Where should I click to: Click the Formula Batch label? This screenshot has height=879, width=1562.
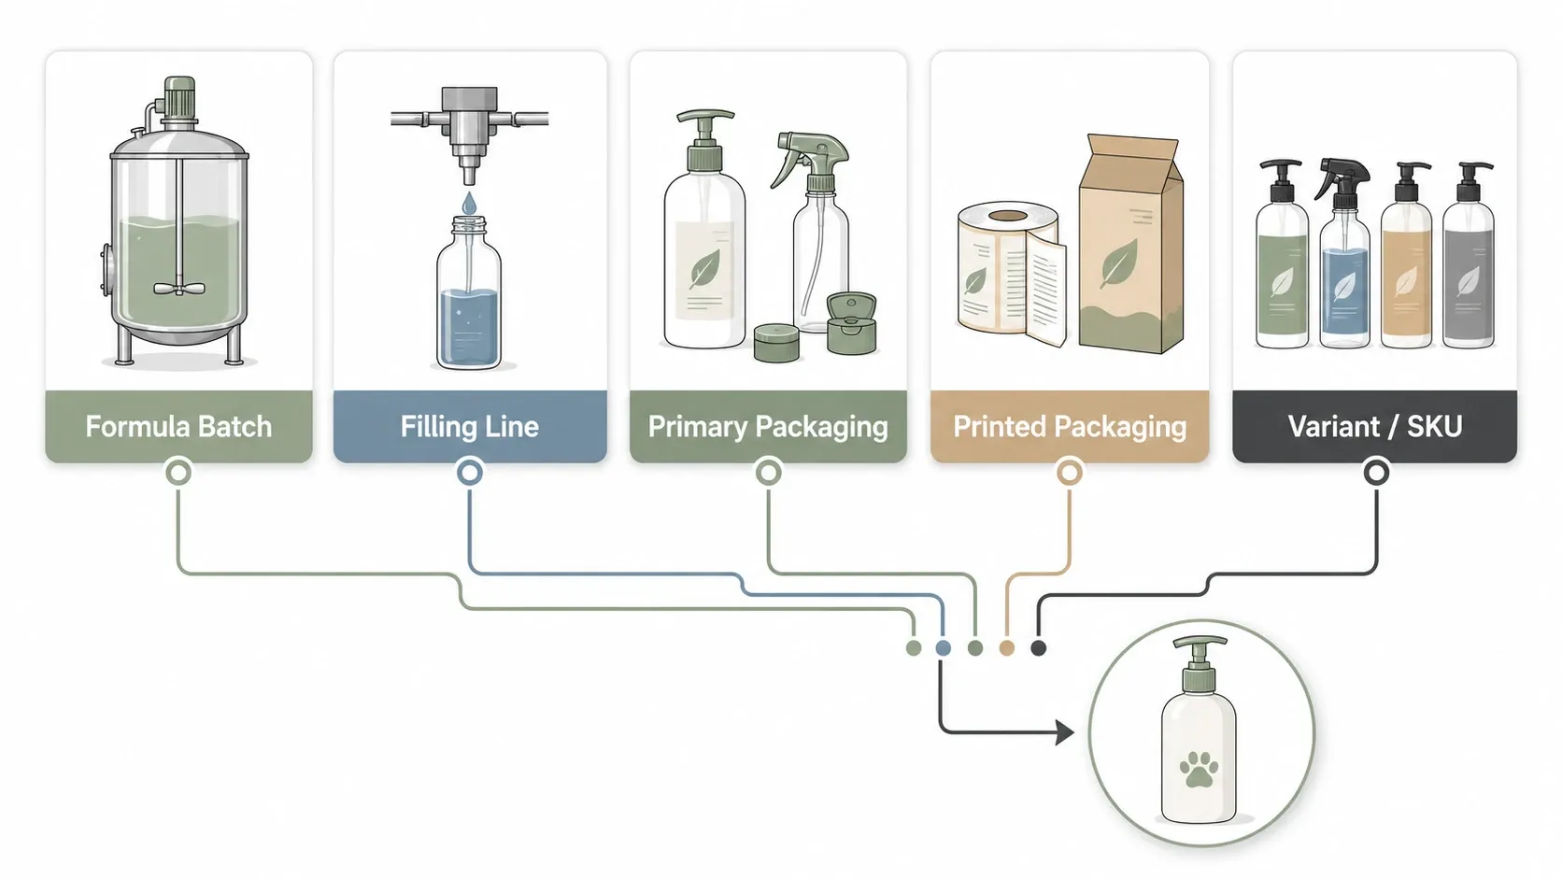tap(178, 427)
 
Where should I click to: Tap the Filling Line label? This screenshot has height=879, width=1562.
tap(469, 427)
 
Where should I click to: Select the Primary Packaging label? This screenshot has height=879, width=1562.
tap(768, 427)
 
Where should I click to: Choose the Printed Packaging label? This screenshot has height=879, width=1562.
tap(1070, 427)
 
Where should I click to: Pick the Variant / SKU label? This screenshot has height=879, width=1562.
tap(1375, 427)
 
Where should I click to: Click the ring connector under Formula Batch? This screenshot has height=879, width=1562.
tap(178, 473)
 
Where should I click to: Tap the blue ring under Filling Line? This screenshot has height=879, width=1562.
tap(469, 473)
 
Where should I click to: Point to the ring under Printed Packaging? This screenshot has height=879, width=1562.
tap(1070, 473)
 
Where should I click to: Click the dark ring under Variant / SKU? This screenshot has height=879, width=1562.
tap(1376, 473)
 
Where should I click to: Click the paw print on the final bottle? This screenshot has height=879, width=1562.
tap(1199, 769)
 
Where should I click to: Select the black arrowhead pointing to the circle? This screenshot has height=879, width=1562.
tap(1064, 732)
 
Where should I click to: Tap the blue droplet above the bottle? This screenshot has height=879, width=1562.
tap(469, 203)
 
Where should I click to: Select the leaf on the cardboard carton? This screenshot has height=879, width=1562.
tap(1119, 262)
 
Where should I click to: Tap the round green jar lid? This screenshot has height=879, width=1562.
tap(776, 342)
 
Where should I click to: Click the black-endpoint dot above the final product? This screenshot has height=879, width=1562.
tap(1038, 648)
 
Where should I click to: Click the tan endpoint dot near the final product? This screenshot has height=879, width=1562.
tap(1006, 648)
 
